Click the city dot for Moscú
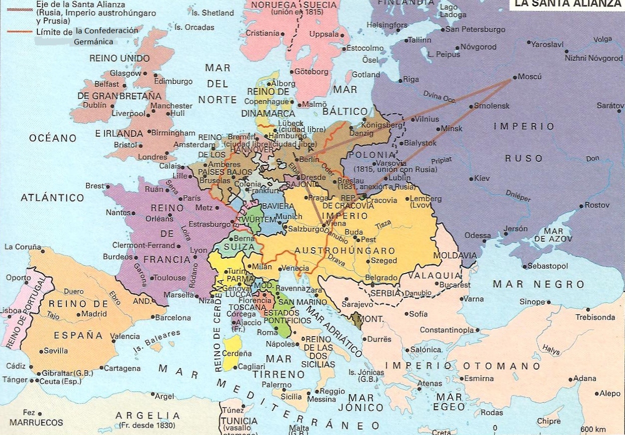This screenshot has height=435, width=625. click(x=514, y=78)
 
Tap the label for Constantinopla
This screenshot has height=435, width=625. click(x=446, y=330)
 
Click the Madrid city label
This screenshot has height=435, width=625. click(x=94, y=314)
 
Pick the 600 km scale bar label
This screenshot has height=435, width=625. click(x=593, y=430)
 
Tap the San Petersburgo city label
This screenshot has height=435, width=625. click(x=475, y=29)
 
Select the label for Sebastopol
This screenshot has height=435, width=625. click(x=548, y=266)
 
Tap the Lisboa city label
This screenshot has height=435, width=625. click(x=10, y=310)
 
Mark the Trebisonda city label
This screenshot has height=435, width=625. click(x=595, y=317)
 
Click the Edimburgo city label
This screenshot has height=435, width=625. click(x=173, y=81)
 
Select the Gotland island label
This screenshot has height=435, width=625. click(x=366, y=74)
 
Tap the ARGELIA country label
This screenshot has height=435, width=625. click(x=148, y=416)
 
